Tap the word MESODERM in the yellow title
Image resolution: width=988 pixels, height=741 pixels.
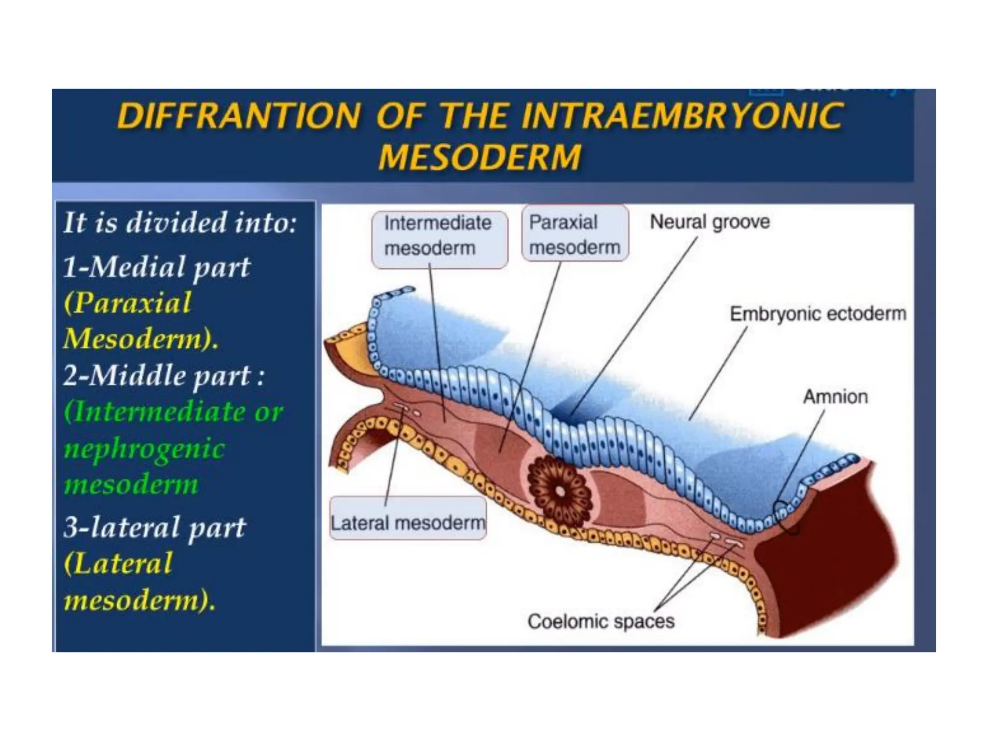click(480, 157)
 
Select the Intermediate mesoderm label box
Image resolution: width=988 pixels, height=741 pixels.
click(439, 236)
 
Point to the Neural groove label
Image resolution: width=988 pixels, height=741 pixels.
click(710, 222)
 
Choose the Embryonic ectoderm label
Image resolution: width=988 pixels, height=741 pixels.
click(818, 314)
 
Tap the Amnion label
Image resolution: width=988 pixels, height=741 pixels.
click(835, 397)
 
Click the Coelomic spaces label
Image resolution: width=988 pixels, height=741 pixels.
click(601, 621)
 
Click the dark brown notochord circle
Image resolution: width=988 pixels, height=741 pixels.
click(560, 491)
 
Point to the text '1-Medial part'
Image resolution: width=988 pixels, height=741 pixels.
click(157, 267)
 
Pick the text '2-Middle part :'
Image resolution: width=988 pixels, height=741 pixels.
click(164, 376)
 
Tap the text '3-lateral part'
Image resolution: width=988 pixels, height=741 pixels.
click(154, 527)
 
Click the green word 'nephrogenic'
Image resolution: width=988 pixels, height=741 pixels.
click(144, 448)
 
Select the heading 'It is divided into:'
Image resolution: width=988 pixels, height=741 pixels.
click(179, 223)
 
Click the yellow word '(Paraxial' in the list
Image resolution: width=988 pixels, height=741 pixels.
click(128, 303)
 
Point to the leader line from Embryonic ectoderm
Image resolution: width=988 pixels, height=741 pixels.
click(719, 371)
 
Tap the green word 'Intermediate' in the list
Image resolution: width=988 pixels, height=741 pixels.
click(159, 412)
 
